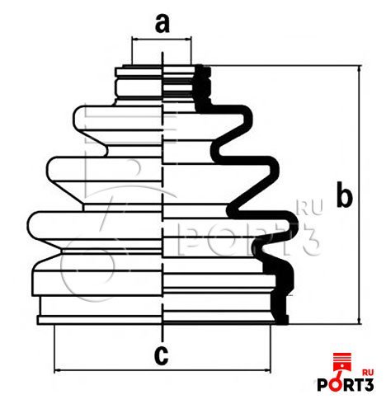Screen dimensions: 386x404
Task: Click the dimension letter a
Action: (x=162, y=24)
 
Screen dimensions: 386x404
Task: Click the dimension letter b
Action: (x=344, y=194)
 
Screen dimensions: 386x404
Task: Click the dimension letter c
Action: (x=161, y=355)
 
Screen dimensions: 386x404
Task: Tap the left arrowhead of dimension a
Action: (x=134, y=39)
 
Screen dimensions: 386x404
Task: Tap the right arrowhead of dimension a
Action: (x=188, y=39)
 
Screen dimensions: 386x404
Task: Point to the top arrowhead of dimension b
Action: (x=359, y=68)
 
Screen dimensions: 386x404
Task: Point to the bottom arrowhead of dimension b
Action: (x=359, y=321)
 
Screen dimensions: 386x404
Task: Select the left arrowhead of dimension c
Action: (x=57, y=371)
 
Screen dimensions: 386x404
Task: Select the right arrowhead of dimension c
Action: (x=268, y=371)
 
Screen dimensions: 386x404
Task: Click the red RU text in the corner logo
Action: (x=368, y=373)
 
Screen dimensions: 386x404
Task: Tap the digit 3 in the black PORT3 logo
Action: (x=369, y=385)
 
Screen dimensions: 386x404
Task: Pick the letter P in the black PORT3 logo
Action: (x=322, y=385)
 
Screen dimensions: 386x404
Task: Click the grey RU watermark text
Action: (x=310, y=209)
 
